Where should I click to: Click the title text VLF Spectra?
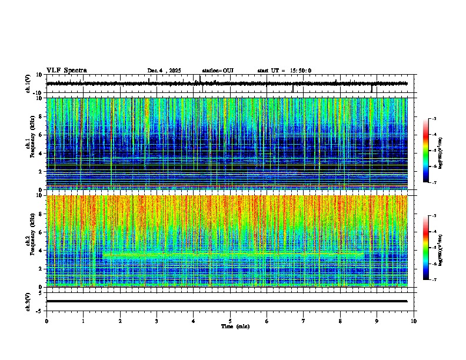(66, 71)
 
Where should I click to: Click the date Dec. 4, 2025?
(165, 71)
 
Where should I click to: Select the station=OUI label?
(218, 71)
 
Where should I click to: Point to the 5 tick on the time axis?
(230, 321)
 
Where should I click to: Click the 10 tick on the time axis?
(414, 321)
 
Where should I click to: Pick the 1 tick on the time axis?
(84, 321)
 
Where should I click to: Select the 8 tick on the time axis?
(340, 321)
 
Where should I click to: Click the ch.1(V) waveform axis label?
(28, 84)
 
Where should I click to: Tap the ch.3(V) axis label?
(28, 301)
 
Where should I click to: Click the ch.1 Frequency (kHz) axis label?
(29, 144)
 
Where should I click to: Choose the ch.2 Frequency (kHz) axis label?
(29, 241)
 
